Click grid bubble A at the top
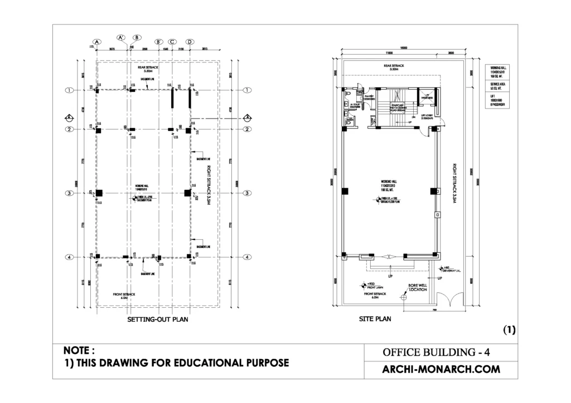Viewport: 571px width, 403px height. click(96, 42)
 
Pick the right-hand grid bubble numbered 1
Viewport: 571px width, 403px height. click(246, 90)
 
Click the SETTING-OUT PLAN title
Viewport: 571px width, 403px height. click(158, 320)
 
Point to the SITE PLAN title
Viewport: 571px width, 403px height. click(375, 320)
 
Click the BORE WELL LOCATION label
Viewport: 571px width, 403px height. click(418, 287)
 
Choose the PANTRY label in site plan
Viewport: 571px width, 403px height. click(369, 97)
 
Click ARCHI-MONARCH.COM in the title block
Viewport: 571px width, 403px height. click(441, 369)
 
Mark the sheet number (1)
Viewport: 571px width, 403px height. click(510, 330)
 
